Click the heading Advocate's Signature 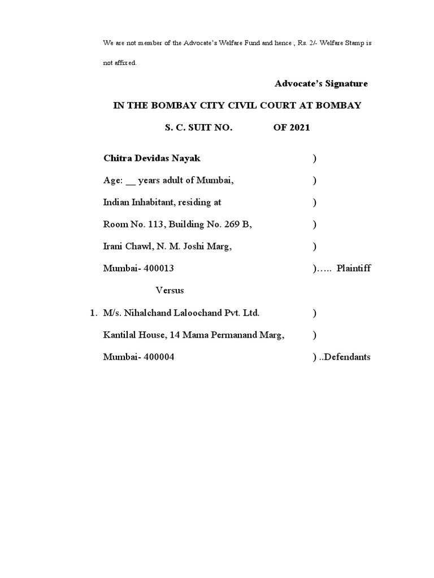(321, 84)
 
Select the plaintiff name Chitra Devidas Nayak (152, 159)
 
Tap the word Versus (170, 291)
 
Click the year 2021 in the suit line (300, 128)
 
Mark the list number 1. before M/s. (93, 313)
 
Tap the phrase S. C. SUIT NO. (198, 128)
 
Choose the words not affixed (119, 63)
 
